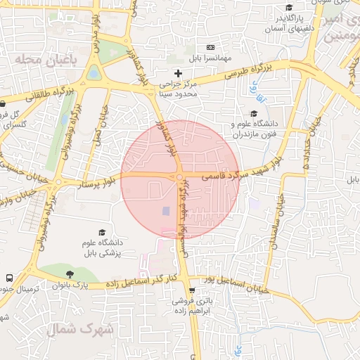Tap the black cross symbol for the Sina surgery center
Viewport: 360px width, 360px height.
(x=178, y=73)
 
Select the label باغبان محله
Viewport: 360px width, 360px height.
(x=44, y=61)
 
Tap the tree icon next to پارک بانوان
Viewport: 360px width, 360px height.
(x=69, y=274)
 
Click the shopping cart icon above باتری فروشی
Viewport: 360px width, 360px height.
(x=192, y=290)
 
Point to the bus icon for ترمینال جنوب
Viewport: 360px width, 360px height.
(x=9, y=278)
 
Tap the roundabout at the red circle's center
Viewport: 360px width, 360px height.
(x=180, y=177)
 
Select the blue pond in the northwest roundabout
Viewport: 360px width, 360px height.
(x=94, y=73)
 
